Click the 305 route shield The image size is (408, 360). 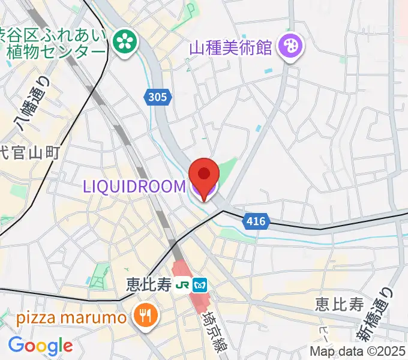coord(157,96)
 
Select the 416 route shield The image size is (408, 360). coord(255,222)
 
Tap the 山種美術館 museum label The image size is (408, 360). coord(231,46)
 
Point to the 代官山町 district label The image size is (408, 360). coord(30,154)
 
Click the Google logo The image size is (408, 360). coord(40,346)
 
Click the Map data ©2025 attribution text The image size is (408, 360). coord(358,351)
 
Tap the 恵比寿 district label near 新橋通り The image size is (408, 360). coord(340,304)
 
